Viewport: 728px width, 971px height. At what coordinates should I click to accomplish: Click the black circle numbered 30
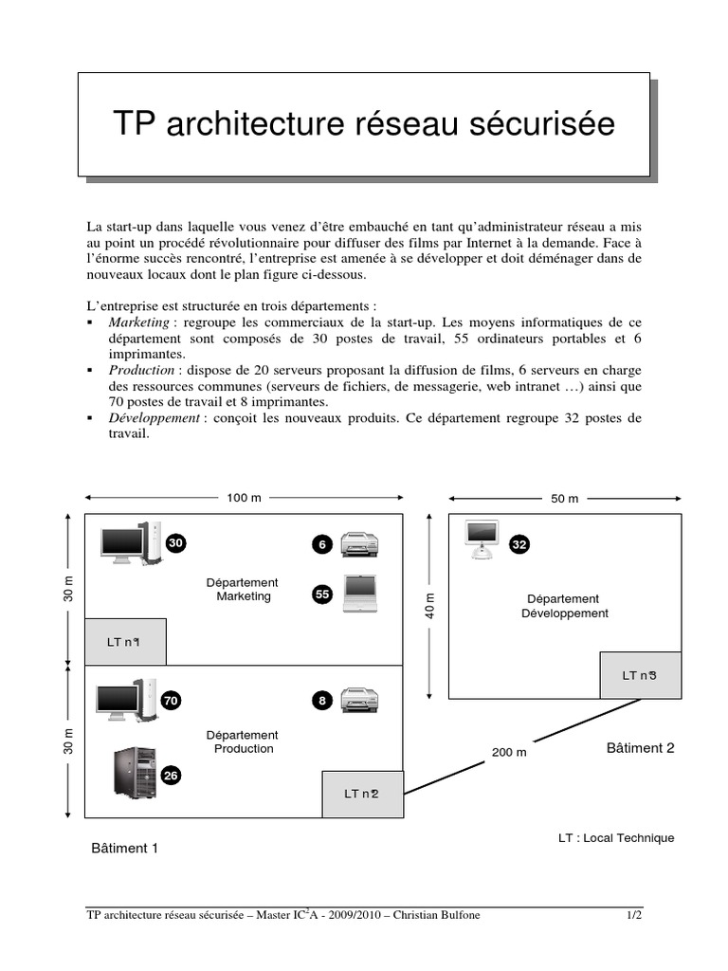[176, 543]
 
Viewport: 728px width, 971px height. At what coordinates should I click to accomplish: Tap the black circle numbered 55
[322, 595]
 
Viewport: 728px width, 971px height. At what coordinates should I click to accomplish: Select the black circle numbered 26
[171, 776]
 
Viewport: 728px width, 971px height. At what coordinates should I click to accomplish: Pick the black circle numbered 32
[519, 544]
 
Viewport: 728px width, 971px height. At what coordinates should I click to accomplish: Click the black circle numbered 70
[171, 701]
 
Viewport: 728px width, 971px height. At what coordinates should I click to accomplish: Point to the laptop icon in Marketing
[360, 592]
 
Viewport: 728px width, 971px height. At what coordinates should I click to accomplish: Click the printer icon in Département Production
[360, 701]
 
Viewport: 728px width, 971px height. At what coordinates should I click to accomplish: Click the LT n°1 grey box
[125, 642]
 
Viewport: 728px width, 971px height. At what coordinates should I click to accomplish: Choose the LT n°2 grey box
[362, 794]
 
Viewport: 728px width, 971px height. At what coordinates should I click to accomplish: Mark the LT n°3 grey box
[640, 675]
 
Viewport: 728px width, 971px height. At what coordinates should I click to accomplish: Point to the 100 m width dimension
[244, 498]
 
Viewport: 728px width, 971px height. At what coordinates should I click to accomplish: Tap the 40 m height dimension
[429, 606]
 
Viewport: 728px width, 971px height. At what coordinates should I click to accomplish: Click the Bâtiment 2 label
[640, 748]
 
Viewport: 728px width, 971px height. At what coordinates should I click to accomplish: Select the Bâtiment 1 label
[124, 848]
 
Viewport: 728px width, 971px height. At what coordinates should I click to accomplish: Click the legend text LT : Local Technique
[616, 837]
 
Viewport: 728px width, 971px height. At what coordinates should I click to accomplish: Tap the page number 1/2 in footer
[633, 915]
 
